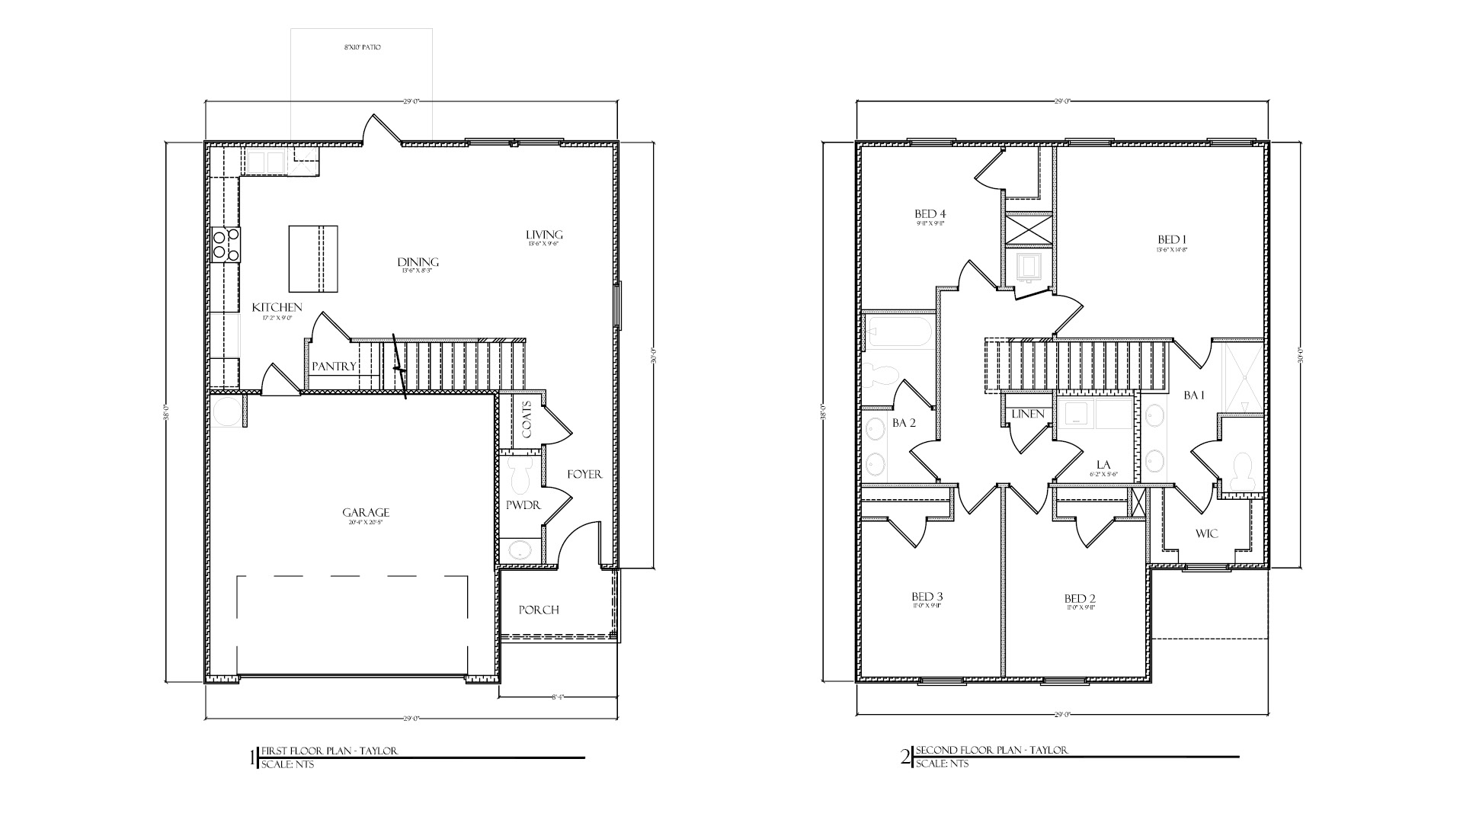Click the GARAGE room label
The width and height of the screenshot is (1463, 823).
365,513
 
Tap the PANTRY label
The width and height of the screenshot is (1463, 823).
334,367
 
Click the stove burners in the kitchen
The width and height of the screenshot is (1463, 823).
226,245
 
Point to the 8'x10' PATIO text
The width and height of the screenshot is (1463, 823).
362,48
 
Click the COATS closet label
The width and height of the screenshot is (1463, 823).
527,420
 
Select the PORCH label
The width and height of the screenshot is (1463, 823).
539,610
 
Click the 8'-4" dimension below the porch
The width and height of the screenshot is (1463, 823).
559,697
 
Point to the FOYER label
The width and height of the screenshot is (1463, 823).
584,474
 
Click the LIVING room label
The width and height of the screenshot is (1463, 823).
544,234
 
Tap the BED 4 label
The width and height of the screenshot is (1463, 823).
930,213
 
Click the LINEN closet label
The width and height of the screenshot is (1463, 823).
1028,414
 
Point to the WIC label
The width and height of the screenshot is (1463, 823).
1206,533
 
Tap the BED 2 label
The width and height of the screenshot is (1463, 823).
1080,598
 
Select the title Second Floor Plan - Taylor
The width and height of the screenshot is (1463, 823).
991,750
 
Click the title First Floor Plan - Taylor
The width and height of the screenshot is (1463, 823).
329,751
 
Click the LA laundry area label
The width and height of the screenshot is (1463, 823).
1103,465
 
